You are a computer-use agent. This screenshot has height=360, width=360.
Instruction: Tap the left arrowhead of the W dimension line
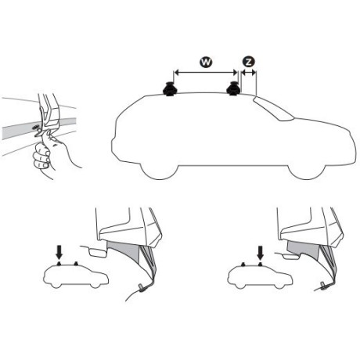[x=174, y=74]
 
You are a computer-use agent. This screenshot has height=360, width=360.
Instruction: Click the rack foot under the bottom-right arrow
[x=261, y=264]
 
